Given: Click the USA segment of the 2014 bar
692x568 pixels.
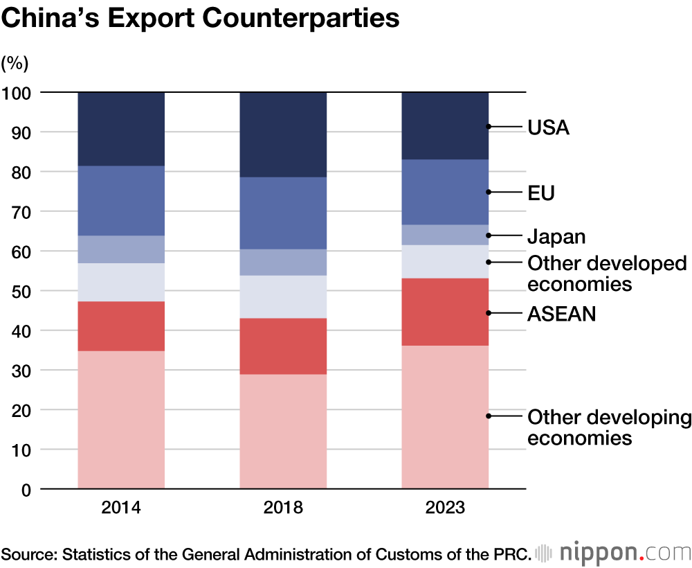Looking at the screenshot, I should click(x=120, y=129).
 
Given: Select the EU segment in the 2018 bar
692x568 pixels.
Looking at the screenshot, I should click(x=283, y=213).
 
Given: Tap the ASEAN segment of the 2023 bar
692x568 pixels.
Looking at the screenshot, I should click(x=445, y=312).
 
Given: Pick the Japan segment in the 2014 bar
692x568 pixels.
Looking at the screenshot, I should click(x=120, y=249).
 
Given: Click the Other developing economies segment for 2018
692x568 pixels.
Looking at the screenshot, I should click(x=283, y=431).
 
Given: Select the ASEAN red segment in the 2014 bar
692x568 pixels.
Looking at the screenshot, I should click(x=120, y=326).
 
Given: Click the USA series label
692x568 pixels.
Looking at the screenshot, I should click(x=548, y=127).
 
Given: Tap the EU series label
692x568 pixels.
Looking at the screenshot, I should click(x=541, y=193).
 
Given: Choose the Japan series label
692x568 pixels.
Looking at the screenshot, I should click(x=556, y=236).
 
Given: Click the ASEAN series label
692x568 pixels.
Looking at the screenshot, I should click(x=561, y=314).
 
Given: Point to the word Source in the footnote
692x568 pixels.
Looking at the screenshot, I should click(x=28, y=553).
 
